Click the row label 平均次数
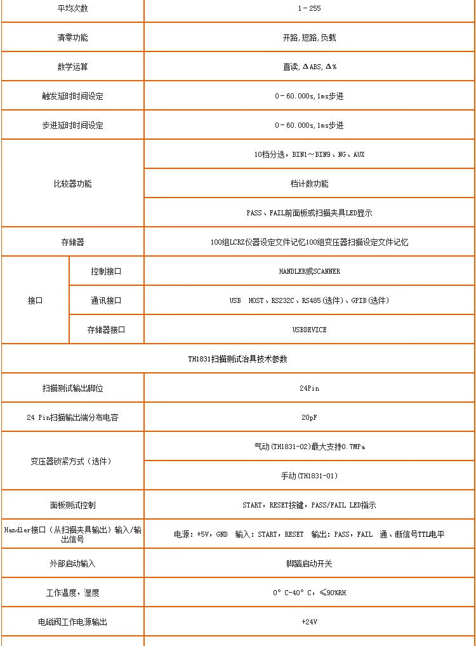72,8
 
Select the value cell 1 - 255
309,8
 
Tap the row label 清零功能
72,37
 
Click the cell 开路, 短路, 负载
309,37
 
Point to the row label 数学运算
72,67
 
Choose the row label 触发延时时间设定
72,96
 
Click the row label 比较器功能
72,184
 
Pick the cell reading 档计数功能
309,184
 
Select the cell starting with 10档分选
309,154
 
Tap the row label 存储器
72,242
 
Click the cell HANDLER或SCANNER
309,271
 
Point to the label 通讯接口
106,300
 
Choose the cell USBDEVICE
309,330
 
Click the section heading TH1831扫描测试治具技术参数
237,359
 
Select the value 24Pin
309,388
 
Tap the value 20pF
309,417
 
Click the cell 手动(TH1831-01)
309,476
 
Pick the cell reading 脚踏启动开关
309,563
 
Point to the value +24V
309,622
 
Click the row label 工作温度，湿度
72,593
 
